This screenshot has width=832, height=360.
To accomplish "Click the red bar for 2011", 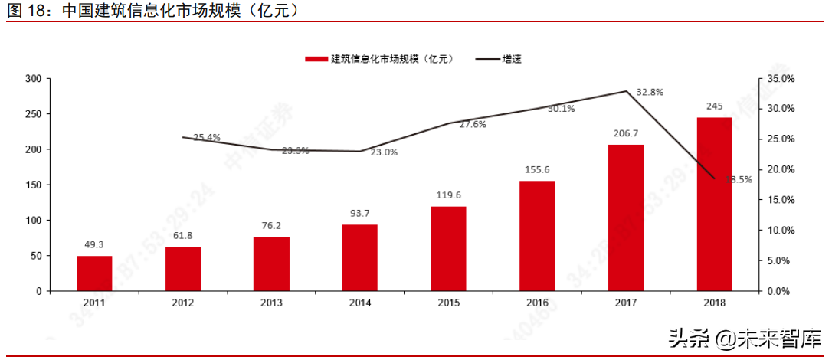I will pos(94,273).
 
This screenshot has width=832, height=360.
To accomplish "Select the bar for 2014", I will pos(360,258).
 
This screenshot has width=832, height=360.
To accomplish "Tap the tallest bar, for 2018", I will pos(714,204).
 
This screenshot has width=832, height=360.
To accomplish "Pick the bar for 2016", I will pos(537,236).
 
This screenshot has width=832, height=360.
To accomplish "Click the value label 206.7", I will pos(626,133).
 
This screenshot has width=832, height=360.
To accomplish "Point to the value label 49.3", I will pos(94,245).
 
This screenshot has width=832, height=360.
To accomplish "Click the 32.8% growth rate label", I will pos(650,92).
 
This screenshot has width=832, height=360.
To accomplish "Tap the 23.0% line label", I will pos(384,152).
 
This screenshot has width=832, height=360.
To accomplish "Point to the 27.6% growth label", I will pos(473,124).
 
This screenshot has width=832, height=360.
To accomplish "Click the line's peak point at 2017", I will pos(626,91).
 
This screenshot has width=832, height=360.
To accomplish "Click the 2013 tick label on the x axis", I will pos(271,303).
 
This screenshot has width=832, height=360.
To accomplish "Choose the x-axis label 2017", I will pos(626,303).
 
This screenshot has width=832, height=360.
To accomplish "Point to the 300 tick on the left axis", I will pos(33,79).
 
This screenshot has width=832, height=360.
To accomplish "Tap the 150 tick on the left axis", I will pos(33,185).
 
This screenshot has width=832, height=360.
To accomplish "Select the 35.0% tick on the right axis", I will pos(781,79).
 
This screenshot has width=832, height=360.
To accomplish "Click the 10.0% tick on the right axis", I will pos(781,231).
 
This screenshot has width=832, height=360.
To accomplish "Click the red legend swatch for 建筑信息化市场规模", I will pos(316,59).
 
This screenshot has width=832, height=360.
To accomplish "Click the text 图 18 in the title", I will pos(26,11).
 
